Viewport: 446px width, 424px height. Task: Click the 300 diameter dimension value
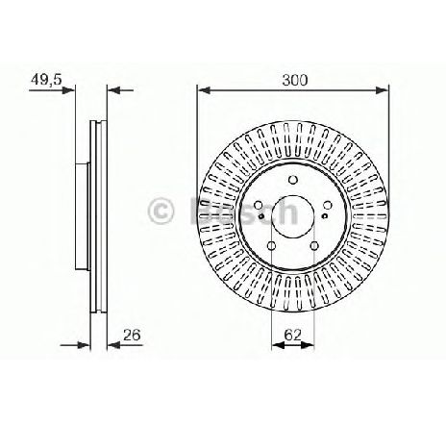pos(294,80)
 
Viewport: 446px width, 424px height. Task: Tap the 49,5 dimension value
pos(46,80)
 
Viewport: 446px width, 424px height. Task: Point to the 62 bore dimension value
pos(293,335)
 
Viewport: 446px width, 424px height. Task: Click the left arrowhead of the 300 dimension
pos(204,90)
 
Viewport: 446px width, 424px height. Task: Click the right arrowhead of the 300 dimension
pos(382,90)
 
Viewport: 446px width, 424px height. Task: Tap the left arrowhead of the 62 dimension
pos(278,345)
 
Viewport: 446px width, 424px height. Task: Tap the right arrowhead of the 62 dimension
pos(309,345)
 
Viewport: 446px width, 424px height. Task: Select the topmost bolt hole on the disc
pos(293,180)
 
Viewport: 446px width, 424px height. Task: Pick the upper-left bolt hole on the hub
pos(259,205)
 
